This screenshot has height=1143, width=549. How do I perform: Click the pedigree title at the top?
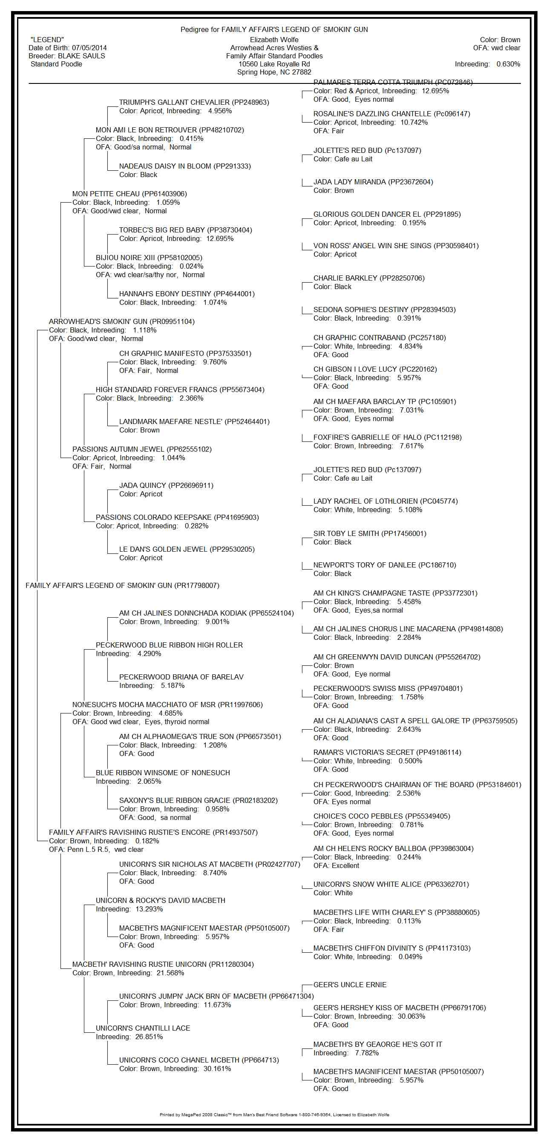pos(274,29)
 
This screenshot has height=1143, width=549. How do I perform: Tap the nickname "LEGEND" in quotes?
pos(47,40)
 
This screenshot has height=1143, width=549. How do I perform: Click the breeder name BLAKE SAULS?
pos(82,56)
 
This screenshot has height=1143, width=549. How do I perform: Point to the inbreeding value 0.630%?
pos(508,64)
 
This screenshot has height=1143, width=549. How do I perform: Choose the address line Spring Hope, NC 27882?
pos(274,72)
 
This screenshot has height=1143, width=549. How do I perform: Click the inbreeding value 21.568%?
pos(170,973)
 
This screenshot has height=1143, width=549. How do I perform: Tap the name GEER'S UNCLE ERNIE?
pos(350,985)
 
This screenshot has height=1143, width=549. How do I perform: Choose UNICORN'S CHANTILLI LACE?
pos(143,1028)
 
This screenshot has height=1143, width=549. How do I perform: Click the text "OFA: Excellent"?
pos(336,865)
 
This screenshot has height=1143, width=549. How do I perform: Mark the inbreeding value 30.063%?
pos(411,1016)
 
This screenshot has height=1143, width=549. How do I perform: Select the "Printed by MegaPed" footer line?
pos(274,1114)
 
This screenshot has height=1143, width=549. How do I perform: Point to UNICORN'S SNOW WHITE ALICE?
pos(391,884)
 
